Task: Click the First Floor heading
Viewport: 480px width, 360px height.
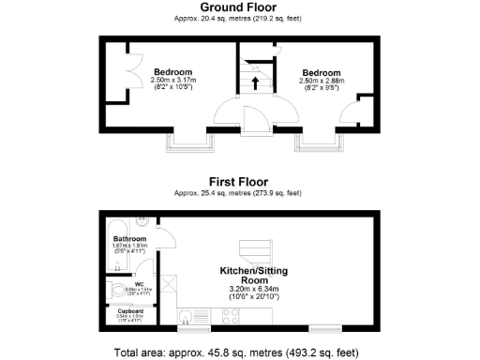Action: [x=238, y=182]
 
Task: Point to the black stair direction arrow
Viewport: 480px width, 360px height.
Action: [x=254, y=82]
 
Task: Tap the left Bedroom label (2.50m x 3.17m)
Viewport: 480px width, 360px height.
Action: [x=173, y=73]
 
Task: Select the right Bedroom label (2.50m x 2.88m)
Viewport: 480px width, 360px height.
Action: [x=322, y=73]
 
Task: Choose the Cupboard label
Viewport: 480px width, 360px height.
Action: [x=130, y=310]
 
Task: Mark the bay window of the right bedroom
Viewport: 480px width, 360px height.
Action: [x=321, y=142]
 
